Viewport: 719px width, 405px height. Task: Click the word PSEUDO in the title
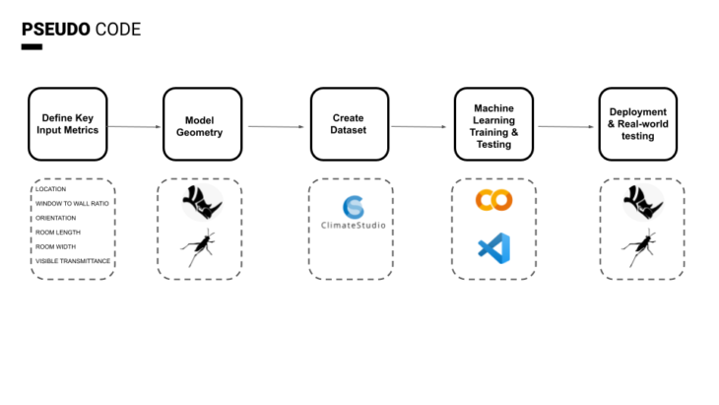(x=55, y=30)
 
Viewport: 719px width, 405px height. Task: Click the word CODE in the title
(x=117, y=30)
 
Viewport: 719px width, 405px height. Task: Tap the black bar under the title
(x=32, y=47)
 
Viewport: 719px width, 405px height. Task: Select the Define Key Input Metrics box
(x=68, y=123)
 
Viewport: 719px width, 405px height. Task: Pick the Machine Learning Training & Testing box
(x=493, y=124)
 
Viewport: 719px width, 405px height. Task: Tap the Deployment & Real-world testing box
(x=638, y=123)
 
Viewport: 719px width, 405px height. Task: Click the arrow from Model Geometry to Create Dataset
(x=277, y=126)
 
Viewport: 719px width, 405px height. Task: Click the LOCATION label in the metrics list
(x=51, y=188)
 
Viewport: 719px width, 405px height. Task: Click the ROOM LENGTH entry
(x=58, y=233)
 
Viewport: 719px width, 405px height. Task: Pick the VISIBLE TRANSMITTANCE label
(x=73, y=261)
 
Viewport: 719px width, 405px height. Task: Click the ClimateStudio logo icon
(x=352, y=206)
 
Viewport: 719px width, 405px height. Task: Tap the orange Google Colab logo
(x=493, y=200)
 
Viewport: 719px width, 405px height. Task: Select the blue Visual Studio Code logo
(x=493, y=246)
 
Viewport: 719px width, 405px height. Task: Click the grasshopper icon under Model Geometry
(x=201, y=247)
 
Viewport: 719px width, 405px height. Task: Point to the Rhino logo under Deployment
(x=641, y=203)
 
